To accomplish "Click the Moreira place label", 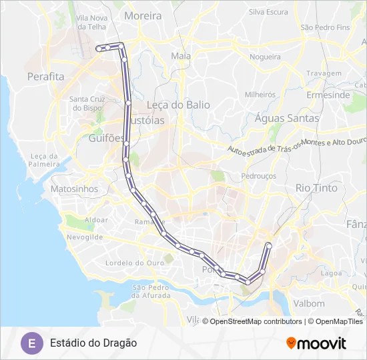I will point(143,15).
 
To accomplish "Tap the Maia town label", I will point(181,56).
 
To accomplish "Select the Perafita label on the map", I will point(45,77).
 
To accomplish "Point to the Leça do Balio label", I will point(177,105).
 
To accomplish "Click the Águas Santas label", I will point(287,118).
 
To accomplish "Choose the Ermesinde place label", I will point(328,95).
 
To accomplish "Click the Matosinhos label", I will point(74,189).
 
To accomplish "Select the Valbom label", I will point(308,303).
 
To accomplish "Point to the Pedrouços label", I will point(258,176).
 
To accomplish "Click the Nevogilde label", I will point(85,237).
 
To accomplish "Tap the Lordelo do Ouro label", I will point(135,263).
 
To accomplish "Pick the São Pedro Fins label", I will point(324,27).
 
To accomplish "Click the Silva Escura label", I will point(268,12).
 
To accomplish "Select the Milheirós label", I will point(260,95).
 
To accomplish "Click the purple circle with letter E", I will point(30,343).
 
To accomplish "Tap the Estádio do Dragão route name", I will point(93,343).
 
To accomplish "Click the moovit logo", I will point(316,343).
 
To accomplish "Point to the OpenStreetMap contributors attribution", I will point(256,321).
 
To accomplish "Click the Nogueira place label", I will point(265,57).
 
